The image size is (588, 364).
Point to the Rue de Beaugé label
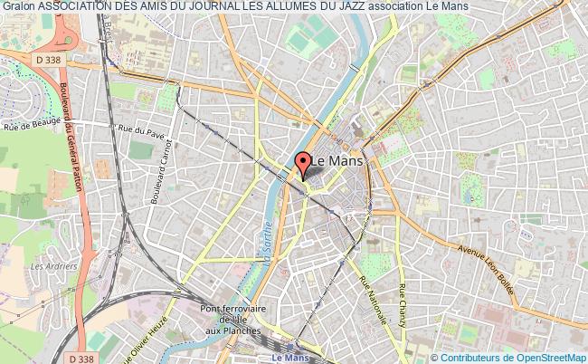tap(26, 126)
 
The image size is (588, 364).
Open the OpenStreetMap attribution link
tap(543, 356)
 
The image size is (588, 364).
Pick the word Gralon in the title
tap(18, 7)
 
